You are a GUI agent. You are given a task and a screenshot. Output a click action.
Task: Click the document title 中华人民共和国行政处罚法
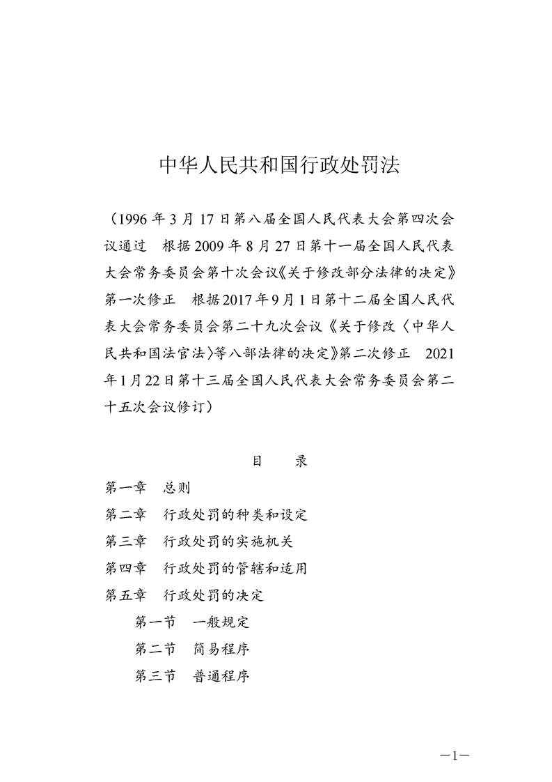tap(276, 165)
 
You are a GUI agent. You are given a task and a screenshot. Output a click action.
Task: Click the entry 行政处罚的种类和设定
tap(235, 515)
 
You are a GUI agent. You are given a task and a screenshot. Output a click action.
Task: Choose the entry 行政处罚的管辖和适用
tap(235, 568)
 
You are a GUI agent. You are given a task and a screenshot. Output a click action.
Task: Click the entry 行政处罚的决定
tap(213, 595)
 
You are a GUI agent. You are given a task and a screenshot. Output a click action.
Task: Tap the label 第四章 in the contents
tap(125, 568)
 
